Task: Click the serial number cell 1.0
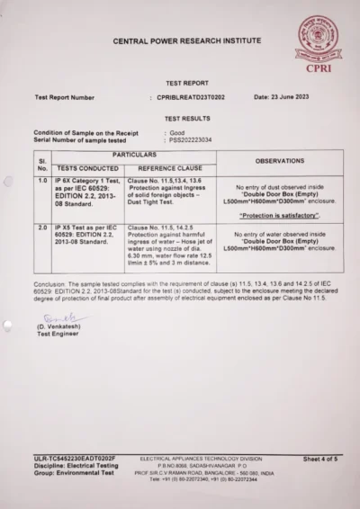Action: point(41,180)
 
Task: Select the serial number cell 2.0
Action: point(41,228)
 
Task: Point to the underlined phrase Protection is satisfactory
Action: point(279,217)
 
